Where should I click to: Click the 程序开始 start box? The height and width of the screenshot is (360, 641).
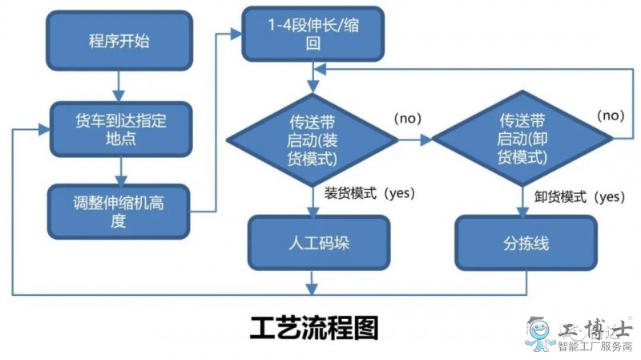pos(119,41)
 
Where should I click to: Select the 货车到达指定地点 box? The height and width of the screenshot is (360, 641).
pos(121,129)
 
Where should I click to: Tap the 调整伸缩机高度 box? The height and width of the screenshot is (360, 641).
pos(119,212)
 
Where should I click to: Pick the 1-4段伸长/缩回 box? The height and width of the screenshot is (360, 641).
pos(313,34)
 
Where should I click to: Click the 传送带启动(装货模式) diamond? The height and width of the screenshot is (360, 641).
pos(312,140)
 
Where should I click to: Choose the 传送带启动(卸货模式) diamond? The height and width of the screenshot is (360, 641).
pos(522,138)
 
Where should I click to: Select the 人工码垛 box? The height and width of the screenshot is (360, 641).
pos(319,243)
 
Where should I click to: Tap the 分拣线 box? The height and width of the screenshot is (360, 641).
pos(526,243)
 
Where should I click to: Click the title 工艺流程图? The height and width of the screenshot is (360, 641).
pos(314,328)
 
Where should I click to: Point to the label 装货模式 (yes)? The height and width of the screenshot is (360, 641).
pos(369,192)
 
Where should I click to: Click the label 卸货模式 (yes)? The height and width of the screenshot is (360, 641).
pos(579,196)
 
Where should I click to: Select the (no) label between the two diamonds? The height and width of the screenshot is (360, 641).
pos(408,118)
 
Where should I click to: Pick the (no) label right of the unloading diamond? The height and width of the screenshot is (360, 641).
pos(611,115)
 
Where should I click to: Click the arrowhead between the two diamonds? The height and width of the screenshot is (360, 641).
pos(426,140)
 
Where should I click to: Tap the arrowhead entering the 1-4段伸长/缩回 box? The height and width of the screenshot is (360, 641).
pos(236,34)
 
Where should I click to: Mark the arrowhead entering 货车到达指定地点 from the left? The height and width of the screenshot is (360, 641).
pos(44,130)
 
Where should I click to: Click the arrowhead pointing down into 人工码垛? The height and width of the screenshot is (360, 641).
pos(313,211)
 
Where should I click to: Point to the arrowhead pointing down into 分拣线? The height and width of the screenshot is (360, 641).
pos(523,211)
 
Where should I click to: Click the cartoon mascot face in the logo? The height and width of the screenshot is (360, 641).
pos(539,330)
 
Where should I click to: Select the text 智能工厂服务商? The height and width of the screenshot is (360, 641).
pos(595,347)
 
